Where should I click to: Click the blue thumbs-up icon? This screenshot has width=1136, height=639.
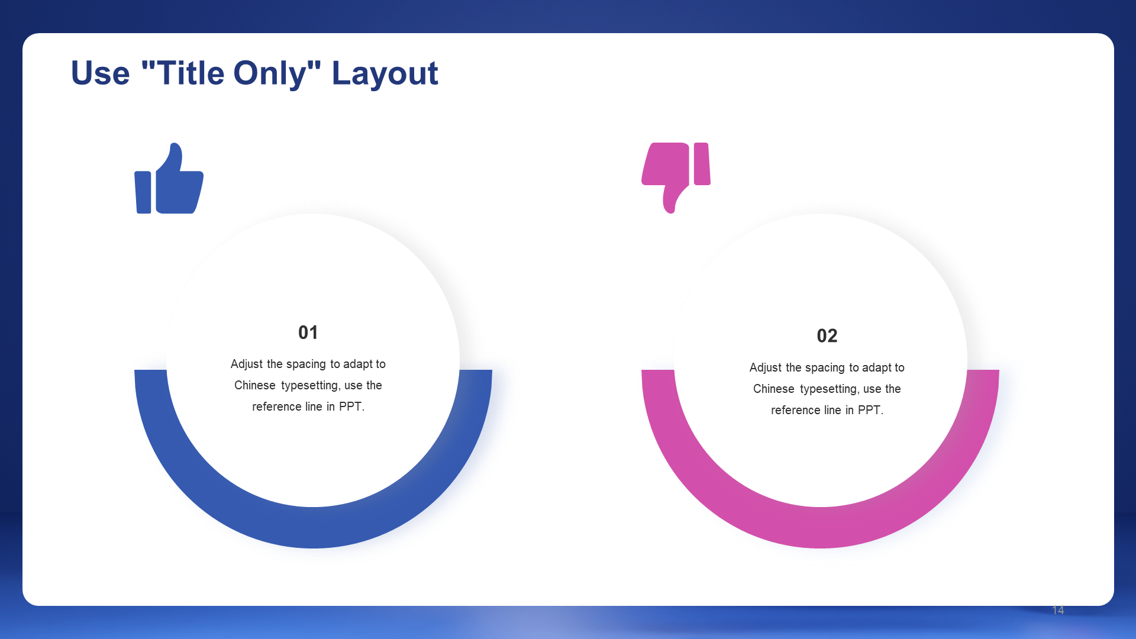tap(169, 178)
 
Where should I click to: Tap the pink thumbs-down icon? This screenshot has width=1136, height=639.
tap(676, 178)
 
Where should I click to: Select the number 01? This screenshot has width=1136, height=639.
tap(308, 333)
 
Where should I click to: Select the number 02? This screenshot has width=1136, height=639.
tap(827, 336)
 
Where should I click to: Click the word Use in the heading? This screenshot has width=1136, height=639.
tap(101, 73)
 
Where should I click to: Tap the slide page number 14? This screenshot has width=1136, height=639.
tap(1058, 610)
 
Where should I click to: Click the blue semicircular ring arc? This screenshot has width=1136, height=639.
tap(313, 528)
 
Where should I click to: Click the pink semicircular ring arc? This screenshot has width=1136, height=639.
tap(820, 528)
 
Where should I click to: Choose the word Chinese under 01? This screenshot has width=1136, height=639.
tap(255, 385)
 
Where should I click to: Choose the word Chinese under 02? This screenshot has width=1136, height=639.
tap(774, 389)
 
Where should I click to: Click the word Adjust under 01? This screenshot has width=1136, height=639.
tap(246, 364)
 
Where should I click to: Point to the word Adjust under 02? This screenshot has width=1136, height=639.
tap(765, 368)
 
